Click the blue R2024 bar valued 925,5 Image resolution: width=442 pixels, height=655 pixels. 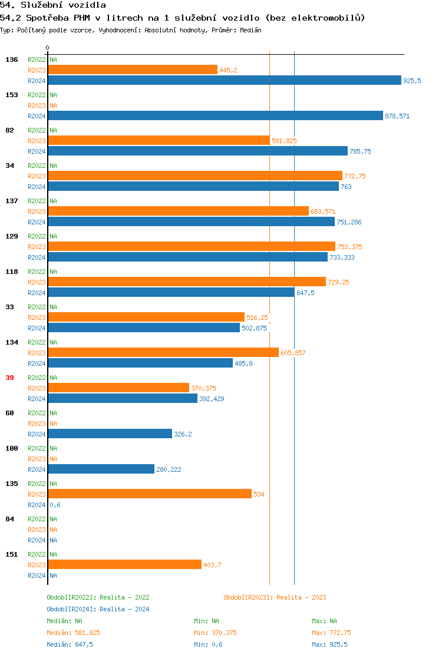pos(224,81)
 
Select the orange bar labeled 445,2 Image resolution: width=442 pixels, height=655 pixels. pos(133,70)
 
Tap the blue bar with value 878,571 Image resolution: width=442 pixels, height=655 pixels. pos(215,116)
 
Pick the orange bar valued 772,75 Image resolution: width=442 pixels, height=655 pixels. pos(194,176)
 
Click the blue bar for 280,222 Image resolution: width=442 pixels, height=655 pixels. pos(101,469)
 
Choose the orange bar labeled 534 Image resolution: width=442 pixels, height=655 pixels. pos(150,494)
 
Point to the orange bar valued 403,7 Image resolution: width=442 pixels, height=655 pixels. pos(124,565)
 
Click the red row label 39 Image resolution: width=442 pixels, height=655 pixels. pos(9,378)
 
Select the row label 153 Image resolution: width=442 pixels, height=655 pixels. pos(12,95)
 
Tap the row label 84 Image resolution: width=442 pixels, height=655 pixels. pos(9,519)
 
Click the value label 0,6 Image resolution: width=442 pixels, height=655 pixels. pos(55,505)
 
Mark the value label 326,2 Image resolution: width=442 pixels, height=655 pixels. pos(183,434)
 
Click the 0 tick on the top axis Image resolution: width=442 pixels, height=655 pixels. pos(48,48)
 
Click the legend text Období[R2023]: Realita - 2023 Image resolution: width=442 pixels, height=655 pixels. pos(275,597)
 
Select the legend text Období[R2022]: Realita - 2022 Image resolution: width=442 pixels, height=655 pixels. pos(98,597)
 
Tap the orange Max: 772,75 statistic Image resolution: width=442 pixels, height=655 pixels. pos(331,633)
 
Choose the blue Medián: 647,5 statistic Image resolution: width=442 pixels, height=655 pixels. pos(70,644)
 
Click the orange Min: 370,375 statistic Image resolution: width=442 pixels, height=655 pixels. pos(215,633)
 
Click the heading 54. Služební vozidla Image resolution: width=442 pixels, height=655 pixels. pos(53,5)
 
